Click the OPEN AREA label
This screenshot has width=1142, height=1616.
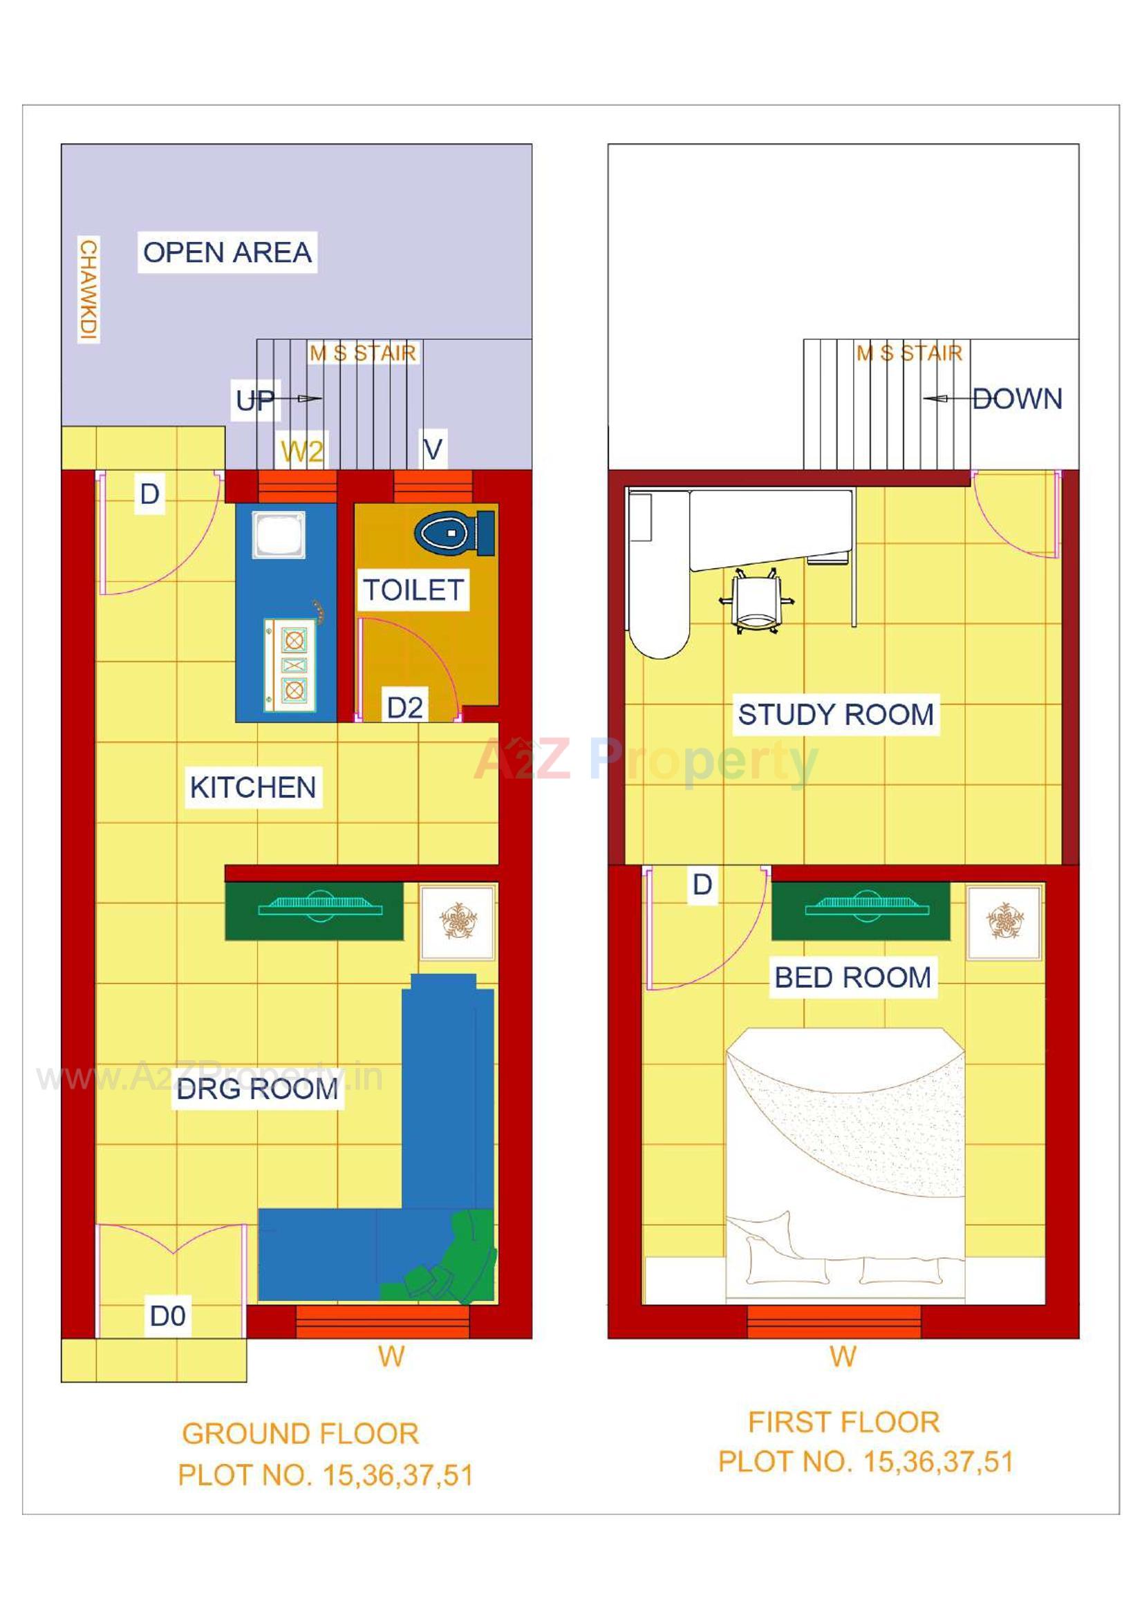pos(227,252)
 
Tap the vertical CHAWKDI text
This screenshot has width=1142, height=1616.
pos(88,290)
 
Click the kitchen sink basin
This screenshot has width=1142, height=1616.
pos(279,535)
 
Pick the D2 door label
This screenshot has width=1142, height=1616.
pos(405,707)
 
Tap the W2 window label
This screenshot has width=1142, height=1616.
pos(302,451)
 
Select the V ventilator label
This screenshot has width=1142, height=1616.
pos(433,449)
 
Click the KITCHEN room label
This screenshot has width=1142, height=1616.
pos(253,787)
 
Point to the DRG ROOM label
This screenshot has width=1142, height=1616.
pos(258,1089)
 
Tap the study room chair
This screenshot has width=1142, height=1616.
pos(756,601)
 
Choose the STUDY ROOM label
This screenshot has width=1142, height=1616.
pos(836,715)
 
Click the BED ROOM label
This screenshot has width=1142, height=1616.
pos(852,977)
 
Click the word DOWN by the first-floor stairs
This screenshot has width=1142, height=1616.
pos(1017,399)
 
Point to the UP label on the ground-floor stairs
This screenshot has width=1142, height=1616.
pos(254,400)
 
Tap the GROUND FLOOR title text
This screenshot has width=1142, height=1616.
pos(301,1434)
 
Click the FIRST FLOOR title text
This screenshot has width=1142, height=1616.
pos(843,1422)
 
